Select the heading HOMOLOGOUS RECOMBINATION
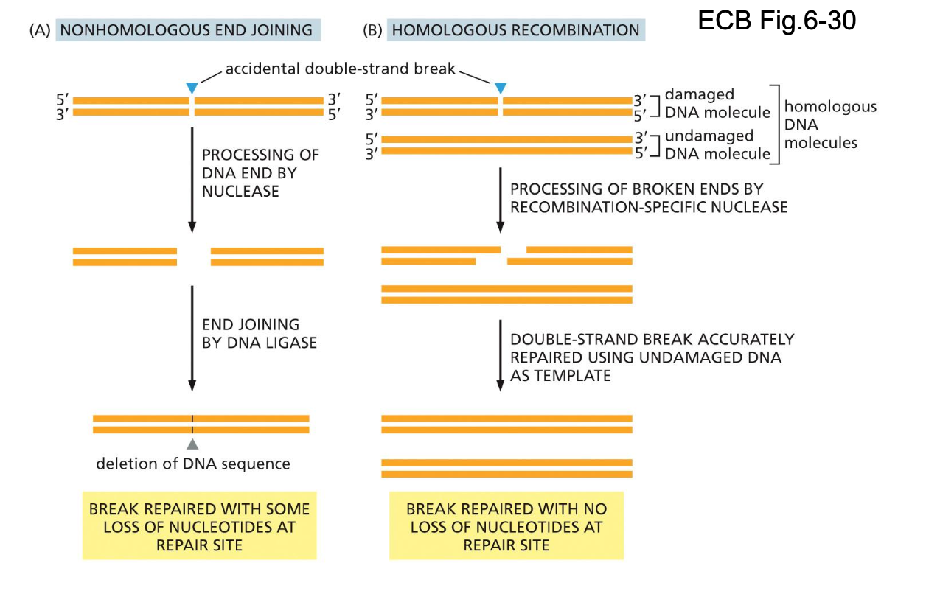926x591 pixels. point(515,30)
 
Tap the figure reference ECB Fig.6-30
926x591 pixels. point(776,21)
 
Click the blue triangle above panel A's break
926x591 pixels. point(192,88)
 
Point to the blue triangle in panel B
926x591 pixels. point(501,88)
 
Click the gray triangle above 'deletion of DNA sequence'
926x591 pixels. point(192,444)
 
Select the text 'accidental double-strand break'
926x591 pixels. point(340,70)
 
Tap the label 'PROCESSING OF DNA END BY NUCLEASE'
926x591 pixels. point(260,173)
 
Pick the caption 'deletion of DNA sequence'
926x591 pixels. point(193,464)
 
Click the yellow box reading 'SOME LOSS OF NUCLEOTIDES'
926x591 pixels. point(199,527)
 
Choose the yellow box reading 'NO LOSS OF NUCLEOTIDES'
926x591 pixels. point(506,527)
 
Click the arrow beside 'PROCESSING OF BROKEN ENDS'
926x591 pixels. point(501,199)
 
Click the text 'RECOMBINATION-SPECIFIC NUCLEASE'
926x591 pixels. point(649,207)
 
